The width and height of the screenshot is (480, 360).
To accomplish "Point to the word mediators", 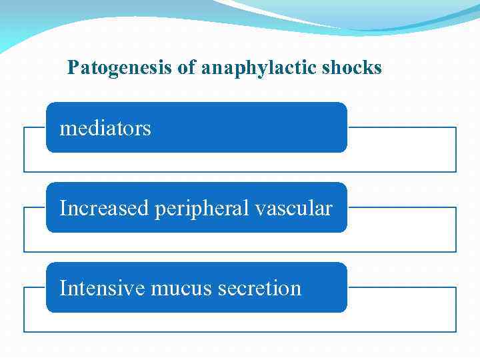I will (105, 128).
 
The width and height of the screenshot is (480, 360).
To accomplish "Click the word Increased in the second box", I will (105, 209).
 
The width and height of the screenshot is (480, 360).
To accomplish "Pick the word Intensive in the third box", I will (103, 289).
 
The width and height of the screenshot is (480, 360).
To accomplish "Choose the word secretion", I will (255, 289).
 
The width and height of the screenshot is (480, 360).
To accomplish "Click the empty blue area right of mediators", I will (253, 128).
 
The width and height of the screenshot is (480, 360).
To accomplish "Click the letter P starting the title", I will (73, 68).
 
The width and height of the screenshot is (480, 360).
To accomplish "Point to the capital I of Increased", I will (63, 209).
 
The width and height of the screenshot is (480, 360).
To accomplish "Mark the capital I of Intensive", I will (63, 289).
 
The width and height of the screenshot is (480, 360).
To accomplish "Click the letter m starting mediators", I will (66, 129).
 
